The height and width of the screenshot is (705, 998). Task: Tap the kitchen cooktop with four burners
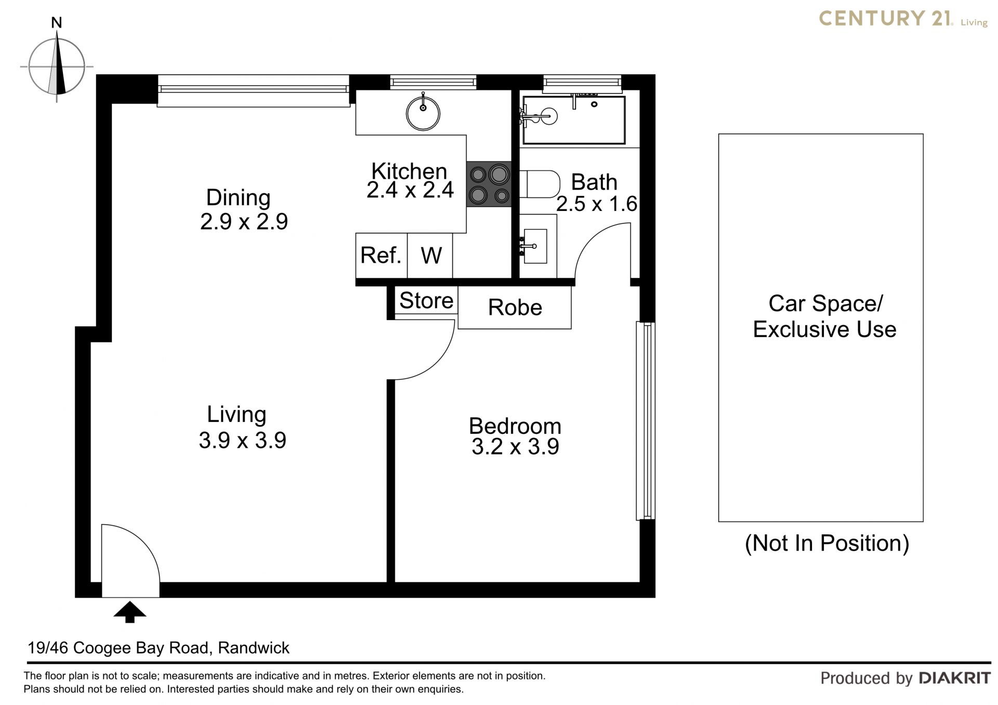[489, 184]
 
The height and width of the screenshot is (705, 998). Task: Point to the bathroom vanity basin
[534, 246]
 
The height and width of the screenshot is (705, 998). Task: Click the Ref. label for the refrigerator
[381, 255]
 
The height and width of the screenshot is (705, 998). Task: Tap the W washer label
[431, 256]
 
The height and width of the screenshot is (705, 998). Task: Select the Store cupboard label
[426, 300]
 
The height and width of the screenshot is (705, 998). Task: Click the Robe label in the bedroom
[515, 308]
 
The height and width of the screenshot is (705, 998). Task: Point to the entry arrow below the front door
[130, 612]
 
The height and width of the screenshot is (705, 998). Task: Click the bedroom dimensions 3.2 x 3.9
[515, 447]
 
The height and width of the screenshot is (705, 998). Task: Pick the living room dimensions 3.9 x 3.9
[242, 441]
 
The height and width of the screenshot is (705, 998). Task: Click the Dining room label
[238, 197]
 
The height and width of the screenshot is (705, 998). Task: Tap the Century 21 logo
[903, 19]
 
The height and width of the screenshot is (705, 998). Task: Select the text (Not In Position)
[827, 543]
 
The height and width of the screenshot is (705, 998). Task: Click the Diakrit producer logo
[955, 678]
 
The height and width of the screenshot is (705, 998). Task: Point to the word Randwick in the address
[254, 648]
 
